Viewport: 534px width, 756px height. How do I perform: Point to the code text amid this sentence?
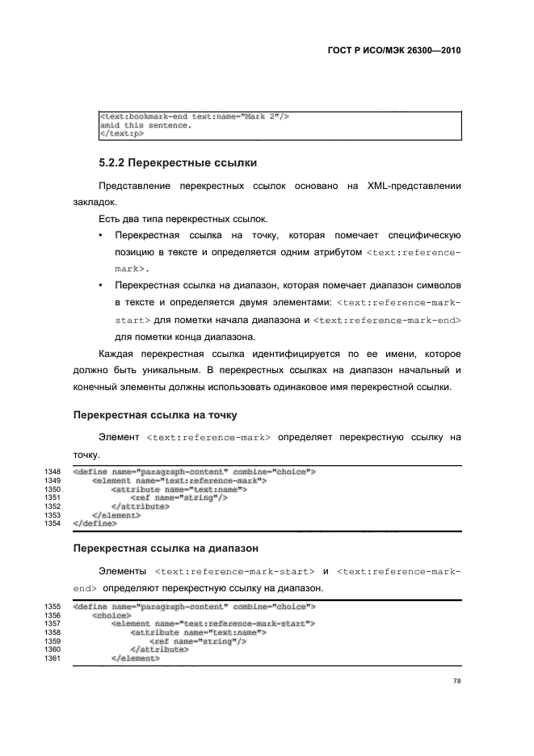coord(145,125)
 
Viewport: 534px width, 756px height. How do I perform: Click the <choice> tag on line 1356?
coord(113,615)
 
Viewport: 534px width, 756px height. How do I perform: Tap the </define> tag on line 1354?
coord(95,523)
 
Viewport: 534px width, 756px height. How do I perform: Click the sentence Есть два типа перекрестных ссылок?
coord(183,219)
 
